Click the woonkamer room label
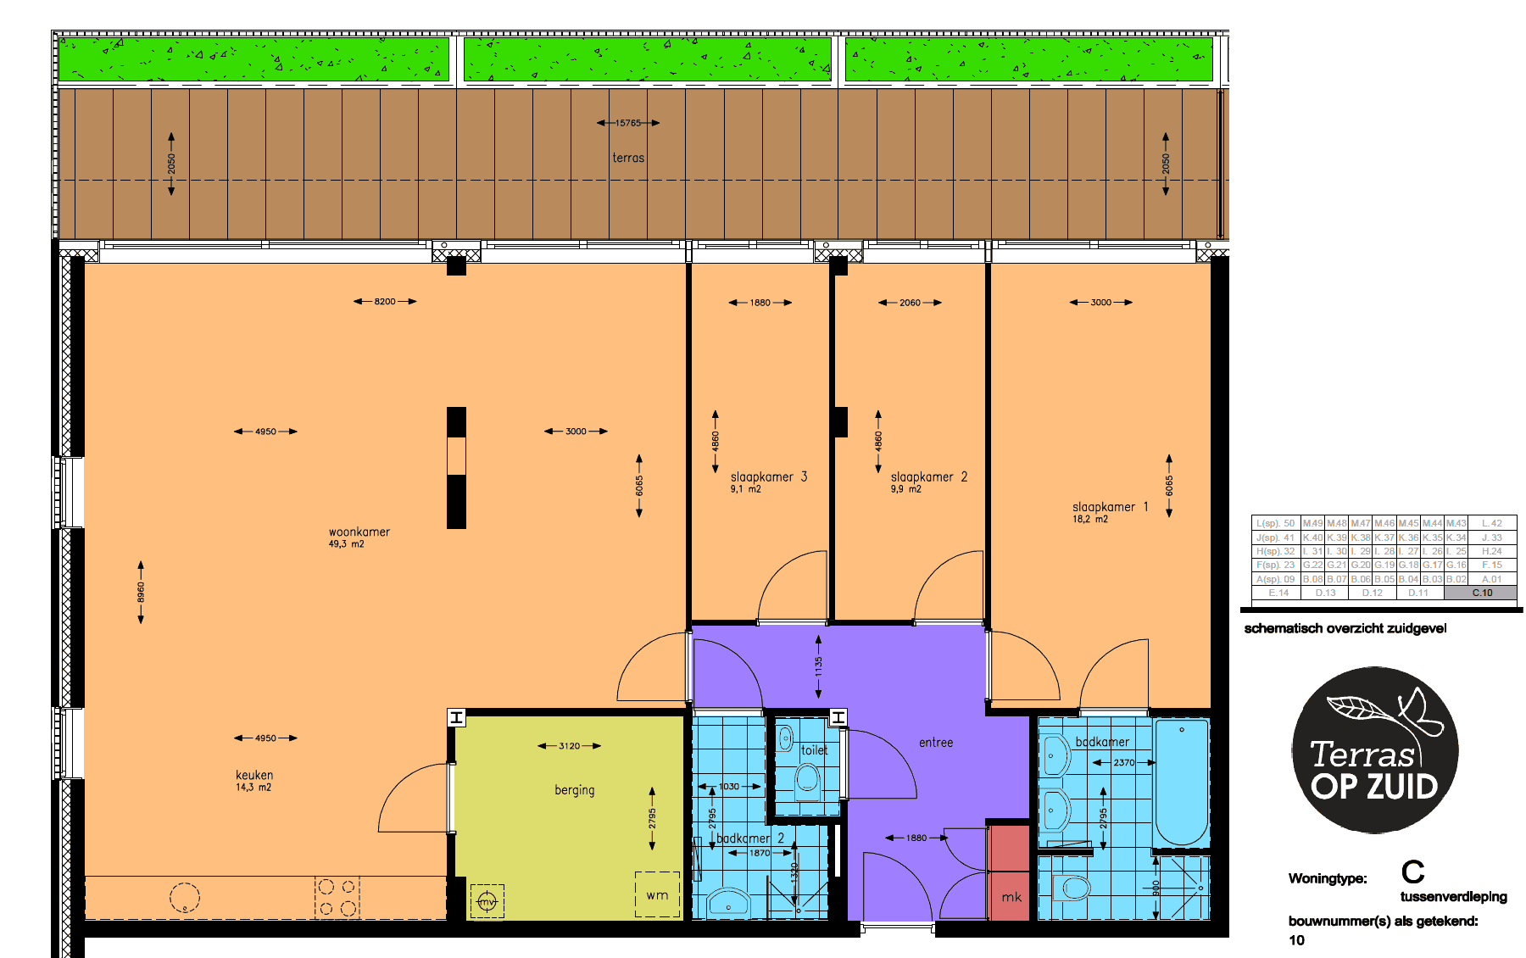coord(359,532)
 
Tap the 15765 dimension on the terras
coord(628,123)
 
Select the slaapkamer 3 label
coord(768,477)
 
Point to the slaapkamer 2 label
coord(928,477)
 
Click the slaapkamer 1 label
coord(1110,507)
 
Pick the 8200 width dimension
coord(385,302)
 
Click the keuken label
coord(254,775)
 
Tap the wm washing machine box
coord(657,894)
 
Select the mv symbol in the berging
coord(487,901)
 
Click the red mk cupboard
coord(1010,873)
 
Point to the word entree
coord(936,743)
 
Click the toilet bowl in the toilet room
coord(808,778)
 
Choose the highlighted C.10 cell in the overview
coord(1481,593)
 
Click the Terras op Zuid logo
coord(1374,750)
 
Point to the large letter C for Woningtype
coord(1412,872)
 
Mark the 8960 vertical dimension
coord(141,593)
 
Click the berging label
coord(574,790)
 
